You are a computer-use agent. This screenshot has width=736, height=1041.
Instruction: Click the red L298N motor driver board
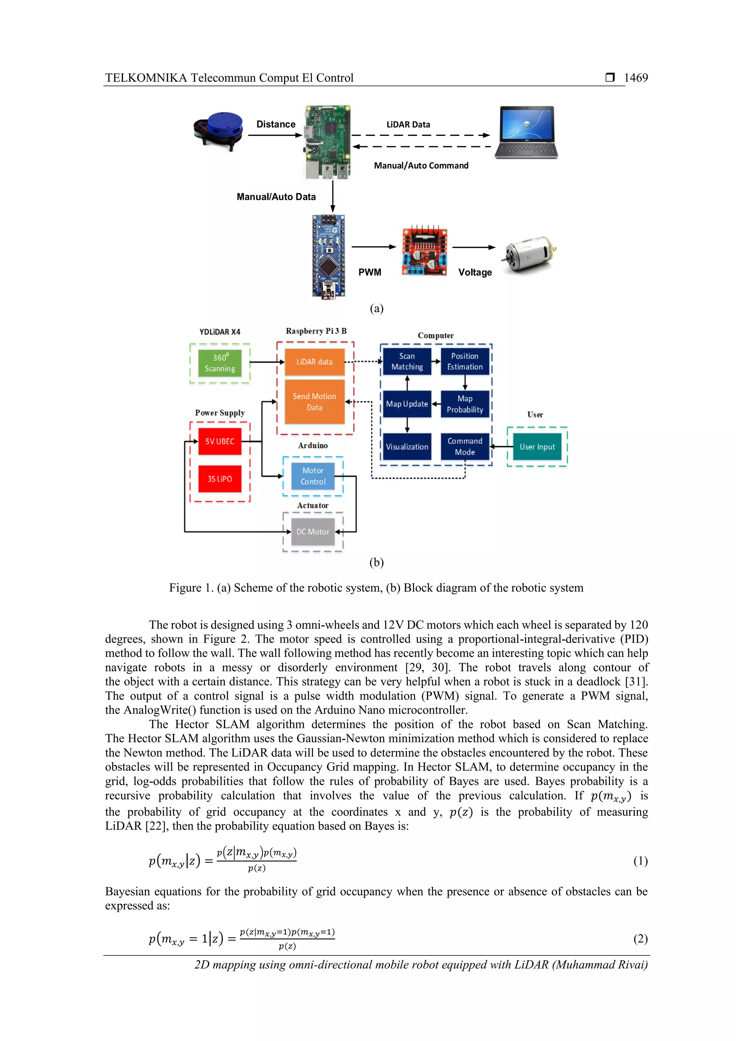(x=425, y=251)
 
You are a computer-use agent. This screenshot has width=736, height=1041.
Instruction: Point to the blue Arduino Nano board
(x=328, y=257)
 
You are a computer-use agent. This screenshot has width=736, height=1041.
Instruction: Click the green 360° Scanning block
(x=220, y=363)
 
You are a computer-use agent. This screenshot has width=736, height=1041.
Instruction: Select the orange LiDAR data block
(x=314, y=362)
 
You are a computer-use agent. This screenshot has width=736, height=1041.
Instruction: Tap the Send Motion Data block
(x=314, y=402)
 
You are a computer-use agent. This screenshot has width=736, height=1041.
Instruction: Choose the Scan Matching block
(x=407, y=361)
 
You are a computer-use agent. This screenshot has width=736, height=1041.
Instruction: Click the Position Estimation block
(x=465, y=361)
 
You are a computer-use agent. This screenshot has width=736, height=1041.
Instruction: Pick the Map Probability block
(x=465, y=404)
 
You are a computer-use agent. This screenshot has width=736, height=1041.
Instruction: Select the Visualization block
(x=407, y=446)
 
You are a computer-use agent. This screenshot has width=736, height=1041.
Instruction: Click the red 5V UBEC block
(x=220, y=441)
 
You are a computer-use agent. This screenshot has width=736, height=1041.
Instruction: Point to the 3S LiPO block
(x=220, y=479)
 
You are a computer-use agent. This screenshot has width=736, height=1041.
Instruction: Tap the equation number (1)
(x=640, y=861)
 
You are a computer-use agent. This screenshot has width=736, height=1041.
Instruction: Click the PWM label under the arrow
(x=370, y=272)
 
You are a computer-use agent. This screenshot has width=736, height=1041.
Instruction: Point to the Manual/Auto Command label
(x=421, y=165)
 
